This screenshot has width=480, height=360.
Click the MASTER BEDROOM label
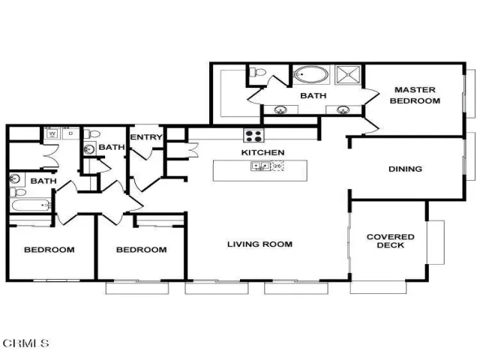[415, 95]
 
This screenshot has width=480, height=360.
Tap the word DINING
[405, 169]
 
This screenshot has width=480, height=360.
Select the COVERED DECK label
[390, 241]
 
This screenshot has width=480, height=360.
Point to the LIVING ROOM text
[259, 244]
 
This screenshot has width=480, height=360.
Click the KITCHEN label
[262, 152]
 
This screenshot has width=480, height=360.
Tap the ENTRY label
[146, 137]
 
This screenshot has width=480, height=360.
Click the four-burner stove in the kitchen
[253, 135]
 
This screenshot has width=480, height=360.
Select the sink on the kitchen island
[260, 166]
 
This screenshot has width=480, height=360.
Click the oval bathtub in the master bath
[310, 74]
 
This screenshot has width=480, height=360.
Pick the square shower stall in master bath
[348, 74]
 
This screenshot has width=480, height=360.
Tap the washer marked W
[52, 133]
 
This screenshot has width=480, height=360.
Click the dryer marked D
[70, 133]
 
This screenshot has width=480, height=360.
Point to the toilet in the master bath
[258, 73]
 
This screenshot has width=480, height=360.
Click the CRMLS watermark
[25, 343]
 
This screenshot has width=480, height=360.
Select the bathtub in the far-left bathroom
[31, 205]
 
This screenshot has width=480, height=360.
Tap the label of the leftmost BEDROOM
[49, 250]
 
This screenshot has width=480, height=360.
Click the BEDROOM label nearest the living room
[142, 250]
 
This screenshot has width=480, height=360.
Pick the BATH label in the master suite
[313, 96]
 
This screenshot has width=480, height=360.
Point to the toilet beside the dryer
[91, 133]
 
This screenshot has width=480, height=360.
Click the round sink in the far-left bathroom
[14, 178]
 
